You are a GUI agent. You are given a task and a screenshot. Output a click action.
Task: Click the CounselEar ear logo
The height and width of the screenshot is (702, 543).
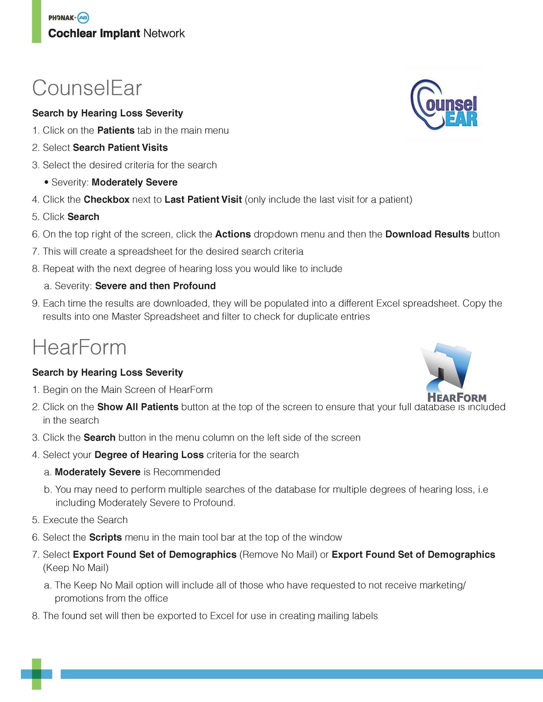click(x=444, y=104)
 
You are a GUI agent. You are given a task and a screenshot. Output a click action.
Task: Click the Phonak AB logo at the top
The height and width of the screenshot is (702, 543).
click(x=69, y=17)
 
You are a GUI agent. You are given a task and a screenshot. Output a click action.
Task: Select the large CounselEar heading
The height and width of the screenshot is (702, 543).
click(x=87, y=88)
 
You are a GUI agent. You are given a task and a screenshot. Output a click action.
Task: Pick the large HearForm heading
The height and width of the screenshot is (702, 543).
click(x=79, y=347)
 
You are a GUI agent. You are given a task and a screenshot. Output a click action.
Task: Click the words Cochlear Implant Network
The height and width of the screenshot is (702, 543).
click(x=116, y=33)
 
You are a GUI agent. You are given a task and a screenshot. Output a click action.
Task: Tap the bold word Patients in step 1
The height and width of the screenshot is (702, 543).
click(x=116, y=130)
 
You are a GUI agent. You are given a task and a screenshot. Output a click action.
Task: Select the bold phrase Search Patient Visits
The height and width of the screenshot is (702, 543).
click(x=120, y=148)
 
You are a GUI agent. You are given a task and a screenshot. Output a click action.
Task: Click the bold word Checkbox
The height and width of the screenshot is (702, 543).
click(x=107, y=199)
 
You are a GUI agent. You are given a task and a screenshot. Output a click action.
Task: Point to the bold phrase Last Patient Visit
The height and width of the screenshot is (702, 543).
click(x=203, y=199)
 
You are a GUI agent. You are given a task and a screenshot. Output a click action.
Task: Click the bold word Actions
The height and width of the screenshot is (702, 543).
click(x=233, y=234)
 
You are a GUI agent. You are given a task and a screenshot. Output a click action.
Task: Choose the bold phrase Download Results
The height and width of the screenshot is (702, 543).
click(x=427, y=234)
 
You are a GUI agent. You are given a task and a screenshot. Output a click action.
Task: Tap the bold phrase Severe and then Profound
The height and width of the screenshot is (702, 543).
click(x=155, y=286)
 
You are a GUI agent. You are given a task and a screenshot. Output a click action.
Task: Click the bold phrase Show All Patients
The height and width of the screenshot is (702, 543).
click(x=138, y=407)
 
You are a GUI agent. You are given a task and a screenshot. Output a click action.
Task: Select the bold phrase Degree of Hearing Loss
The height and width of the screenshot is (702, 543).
click(x=149, y=455)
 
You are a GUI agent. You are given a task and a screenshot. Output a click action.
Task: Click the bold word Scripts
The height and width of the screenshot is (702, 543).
click(x=105, y=537)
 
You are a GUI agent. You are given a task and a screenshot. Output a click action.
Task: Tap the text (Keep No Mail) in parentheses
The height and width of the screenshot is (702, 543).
click(x=76, y=568)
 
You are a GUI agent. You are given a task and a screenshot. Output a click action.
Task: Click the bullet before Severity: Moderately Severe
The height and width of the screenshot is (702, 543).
click(x=46, y=183)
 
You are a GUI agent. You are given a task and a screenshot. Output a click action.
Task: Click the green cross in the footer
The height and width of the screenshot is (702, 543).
click(x=36, y=674)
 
